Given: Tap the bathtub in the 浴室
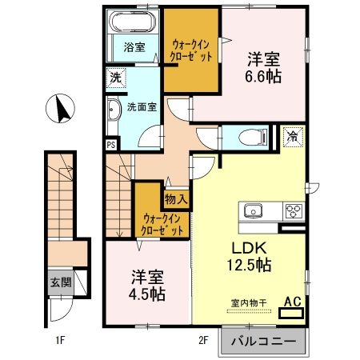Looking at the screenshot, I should pos(132,22).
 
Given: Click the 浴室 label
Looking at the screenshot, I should pos(134,47).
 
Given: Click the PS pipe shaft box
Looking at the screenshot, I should pos(110,145).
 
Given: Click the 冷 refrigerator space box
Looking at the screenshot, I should pos(292,136).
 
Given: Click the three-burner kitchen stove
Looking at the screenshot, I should pos(292,211).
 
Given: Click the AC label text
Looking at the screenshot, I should pos(292,302).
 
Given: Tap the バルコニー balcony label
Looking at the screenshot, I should pos(263,342).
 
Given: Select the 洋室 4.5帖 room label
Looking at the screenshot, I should pos(147,285).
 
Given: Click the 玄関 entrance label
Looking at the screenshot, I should pos(60,282).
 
